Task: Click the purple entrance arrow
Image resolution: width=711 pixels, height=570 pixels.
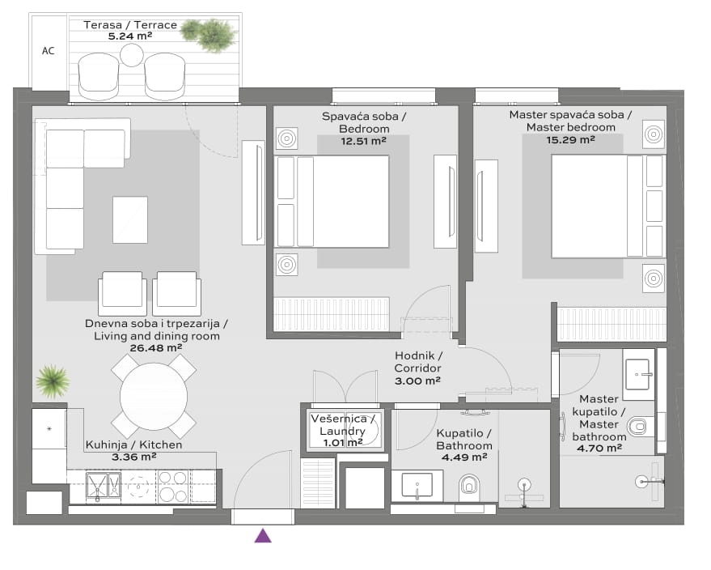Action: [263, 536]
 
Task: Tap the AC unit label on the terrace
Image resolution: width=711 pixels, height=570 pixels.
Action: [48, 51]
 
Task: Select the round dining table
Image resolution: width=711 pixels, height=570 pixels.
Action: [154, 397]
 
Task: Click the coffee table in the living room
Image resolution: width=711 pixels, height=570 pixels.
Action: [130, 219]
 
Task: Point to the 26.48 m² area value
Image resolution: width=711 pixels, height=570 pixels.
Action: [156, 348]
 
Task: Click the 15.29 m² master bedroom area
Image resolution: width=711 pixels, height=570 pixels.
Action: [570, 140]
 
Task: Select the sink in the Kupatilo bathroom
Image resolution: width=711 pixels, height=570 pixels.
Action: [417, 486]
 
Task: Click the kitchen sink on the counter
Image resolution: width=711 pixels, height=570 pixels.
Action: [104, 487]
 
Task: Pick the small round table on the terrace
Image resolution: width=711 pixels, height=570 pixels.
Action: [132, 56]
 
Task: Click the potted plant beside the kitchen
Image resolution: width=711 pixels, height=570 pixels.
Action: [53, 381]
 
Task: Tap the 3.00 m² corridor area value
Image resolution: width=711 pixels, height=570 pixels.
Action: [417, 381]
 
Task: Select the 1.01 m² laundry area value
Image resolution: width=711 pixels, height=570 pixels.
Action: [342, 442]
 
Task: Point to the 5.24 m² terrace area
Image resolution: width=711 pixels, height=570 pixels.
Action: [129, 36]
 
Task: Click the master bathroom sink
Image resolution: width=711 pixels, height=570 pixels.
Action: [639, 374]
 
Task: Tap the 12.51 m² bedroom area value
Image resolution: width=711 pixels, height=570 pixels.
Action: [363, 141]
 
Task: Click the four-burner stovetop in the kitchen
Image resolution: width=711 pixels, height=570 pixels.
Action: [173, 487]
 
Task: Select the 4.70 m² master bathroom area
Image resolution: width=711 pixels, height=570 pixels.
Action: [599, 449]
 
